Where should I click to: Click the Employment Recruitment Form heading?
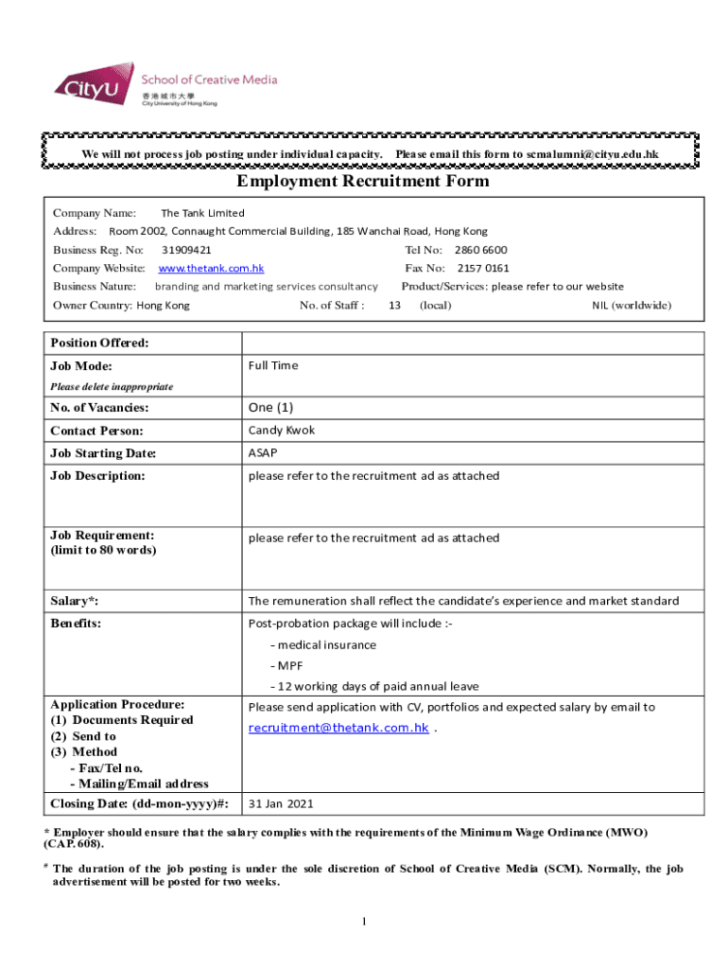coord(363,181)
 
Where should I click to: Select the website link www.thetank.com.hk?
coord(211,268)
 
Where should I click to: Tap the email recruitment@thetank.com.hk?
coord(338,728)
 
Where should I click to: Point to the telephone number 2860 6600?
coord(480,250)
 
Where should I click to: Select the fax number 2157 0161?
coord(483,268)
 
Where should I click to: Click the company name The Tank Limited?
coord(202,213)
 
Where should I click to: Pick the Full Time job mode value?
coord(273,365)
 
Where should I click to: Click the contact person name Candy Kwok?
coord(282,430)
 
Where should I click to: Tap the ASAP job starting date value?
coord(263,453)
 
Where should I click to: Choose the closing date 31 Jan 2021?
coord(282,803)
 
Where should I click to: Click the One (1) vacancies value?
coord(271,407)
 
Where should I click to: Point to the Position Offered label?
coord(99,343)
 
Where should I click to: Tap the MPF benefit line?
coord(286,665)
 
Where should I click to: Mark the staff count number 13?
coord(395,305)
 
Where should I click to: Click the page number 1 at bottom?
coord(363,921)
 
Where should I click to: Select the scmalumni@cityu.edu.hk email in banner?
coord(593,154)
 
